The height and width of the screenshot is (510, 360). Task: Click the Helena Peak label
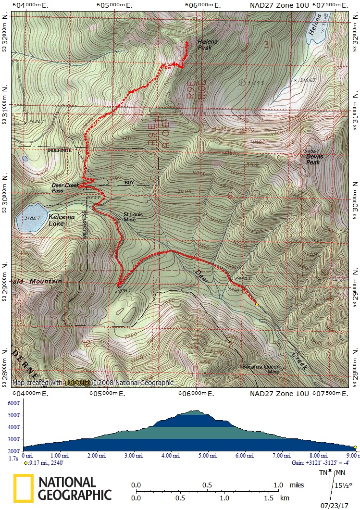(x=208, y=45)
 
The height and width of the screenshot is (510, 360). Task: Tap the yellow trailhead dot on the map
(x=257, y=304)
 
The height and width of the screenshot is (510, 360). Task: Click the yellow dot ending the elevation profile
(x=356, y=447)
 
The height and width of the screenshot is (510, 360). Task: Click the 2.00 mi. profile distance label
(x=97, y=455)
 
